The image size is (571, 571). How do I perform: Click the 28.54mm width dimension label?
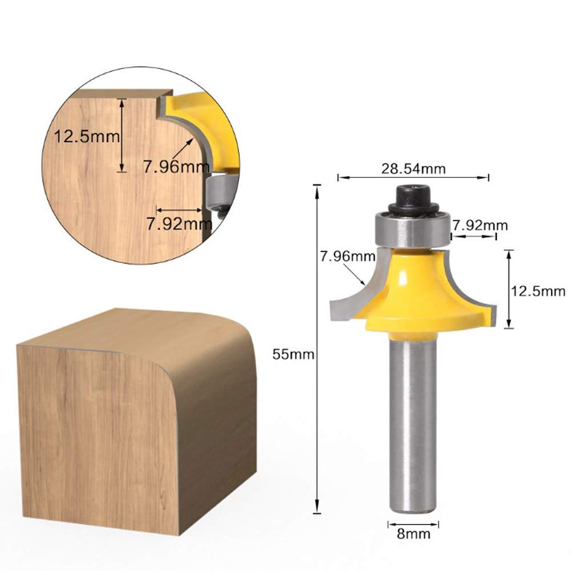[414, 168]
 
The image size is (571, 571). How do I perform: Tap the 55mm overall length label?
[294, 354]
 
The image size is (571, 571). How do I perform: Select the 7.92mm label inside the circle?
[179, 223]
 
